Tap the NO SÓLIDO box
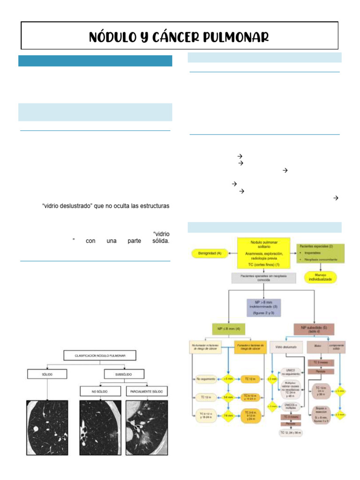(x=98, y=390)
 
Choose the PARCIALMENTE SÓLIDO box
(x=146, y=390)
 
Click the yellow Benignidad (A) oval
(x=209, y=254)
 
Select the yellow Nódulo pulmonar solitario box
(x=263, y=254)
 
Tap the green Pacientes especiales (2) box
(x=321, y=254)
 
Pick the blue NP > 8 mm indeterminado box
(x=263, y=307)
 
